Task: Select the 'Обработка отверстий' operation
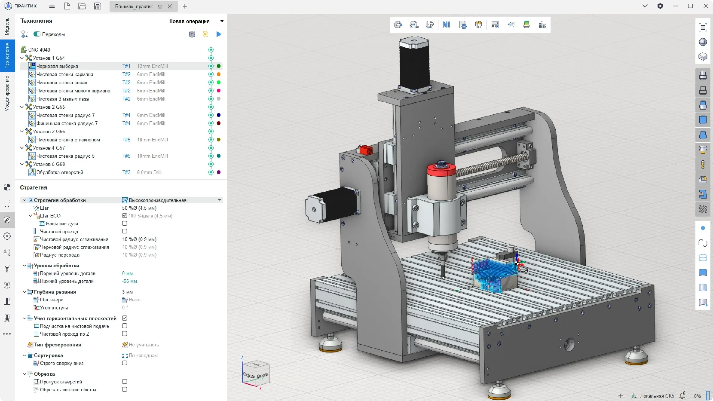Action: (60, 172)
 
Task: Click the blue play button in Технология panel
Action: (219, 34)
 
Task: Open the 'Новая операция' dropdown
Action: (196, 21)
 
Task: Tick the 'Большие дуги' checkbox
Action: (124, 223)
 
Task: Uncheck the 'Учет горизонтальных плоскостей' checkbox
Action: (124, 318)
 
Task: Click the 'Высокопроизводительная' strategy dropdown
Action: (172, 200)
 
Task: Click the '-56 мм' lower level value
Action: (130, 281)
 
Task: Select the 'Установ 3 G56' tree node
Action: (49, 132)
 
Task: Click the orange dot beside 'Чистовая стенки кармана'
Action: (219, 74)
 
